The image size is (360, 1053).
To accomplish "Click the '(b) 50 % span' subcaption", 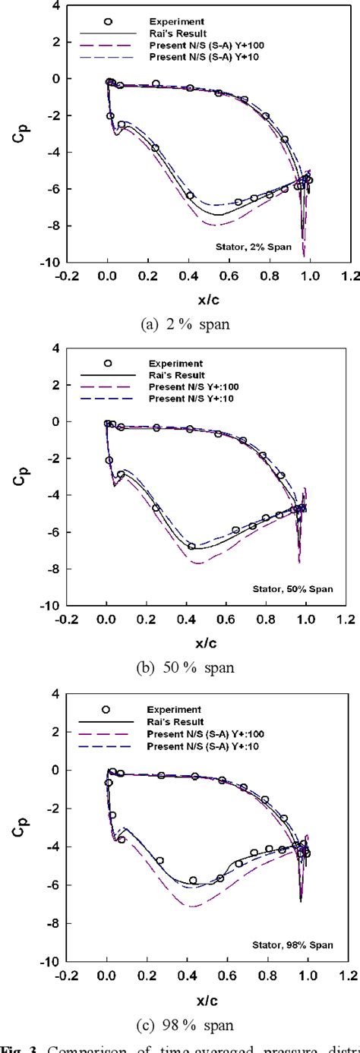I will click(x=185, y=667).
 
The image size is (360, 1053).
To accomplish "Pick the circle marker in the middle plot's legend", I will click(x=107, y=364).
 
